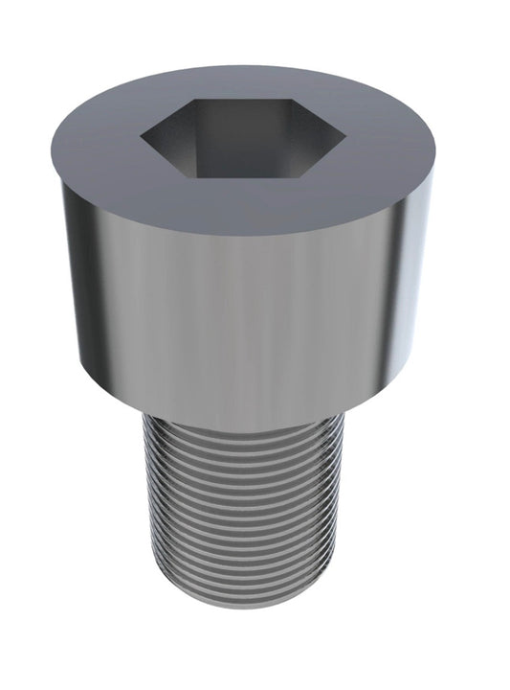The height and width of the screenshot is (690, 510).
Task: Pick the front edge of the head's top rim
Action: [249, 236]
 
